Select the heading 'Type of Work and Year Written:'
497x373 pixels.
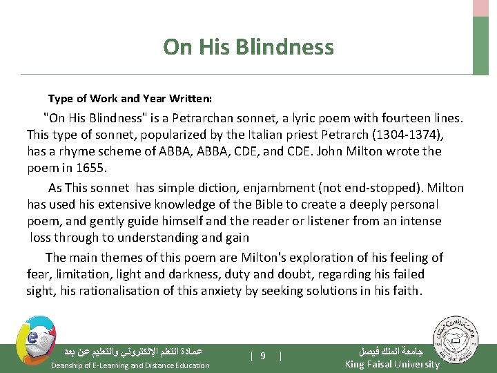coord(130,99)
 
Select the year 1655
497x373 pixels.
coord(93,168)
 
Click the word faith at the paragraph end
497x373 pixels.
coord(405,291)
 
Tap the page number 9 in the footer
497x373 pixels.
coord(263,356)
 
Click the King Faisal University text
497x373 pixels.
coord(391,364)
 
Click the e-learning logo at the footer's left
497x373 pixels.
coord(32,340)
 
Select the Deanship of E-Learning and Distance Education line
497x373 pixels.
coord(130,365)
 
